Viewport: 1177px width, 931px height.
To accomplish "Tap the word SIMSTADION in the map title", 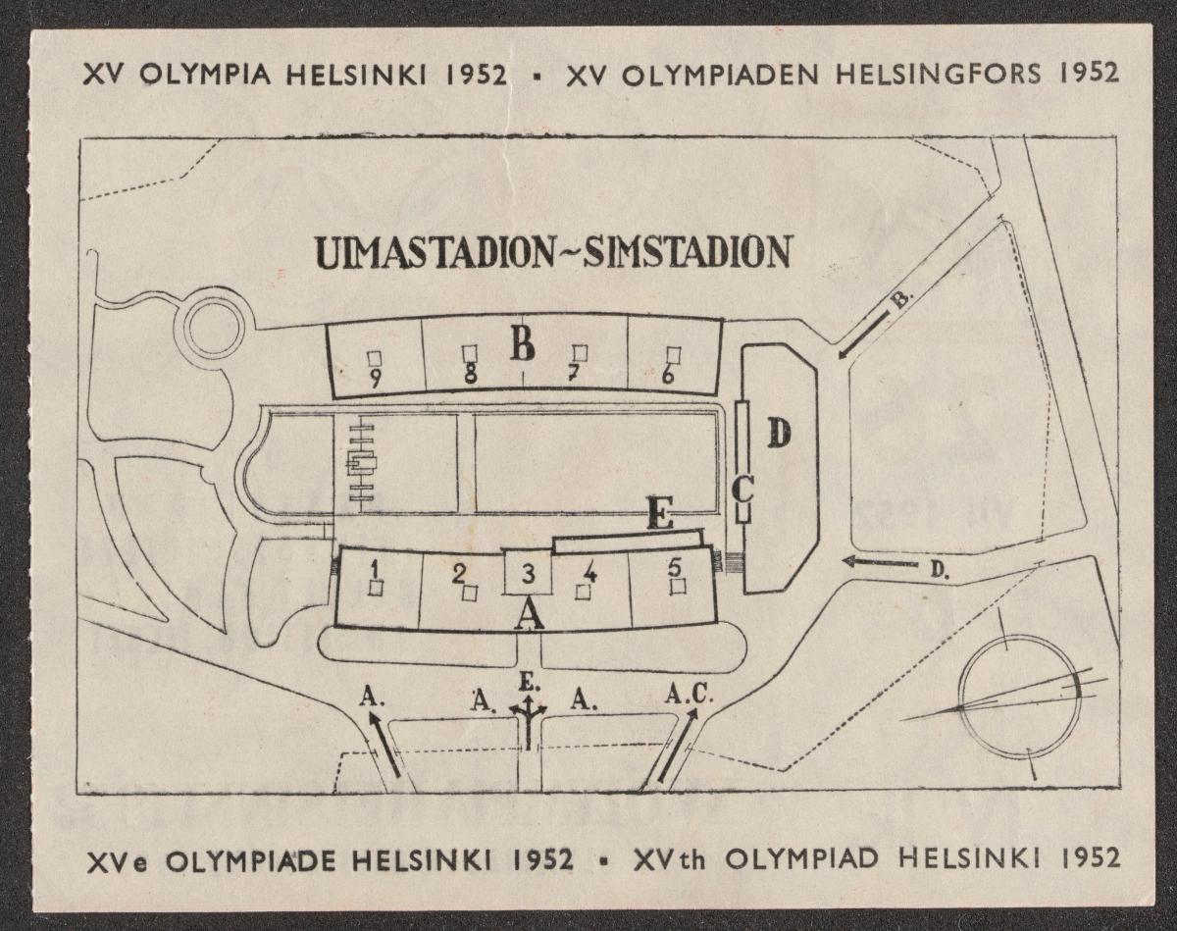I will pyautogui.click(x=687, y=251).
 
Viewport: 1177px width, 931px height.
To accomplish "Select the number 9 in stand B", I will pyautogui.click(x=375, y=377).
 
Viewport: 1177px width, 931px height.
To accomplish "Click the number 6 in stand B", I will pyautogui.click(x=669, y=375).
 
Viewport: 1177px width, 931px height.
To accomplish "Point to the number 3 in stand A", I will pyautogui.click(x=528, y=574).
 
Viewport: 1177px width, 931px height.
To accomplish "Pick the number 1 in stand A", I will pyautogui.click(x=374, y=567).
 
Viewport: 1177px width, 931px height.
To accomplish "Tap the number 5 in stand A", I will pyautogui.click(x=674, y=566).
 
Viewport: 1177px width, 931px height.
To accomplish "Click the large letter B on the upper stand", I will pyautogui.click(x=522, y=343).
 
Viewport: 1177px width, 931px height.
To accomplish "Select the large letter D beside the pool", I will pyautogui.click(x=778, y=433).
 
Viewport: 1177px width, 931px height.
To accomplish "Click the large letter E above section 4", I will pyautogui.click(x=660, y=514).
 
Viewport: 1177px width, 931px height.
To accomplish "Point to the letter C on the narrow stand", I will pyautogui.click(x=742, y=488).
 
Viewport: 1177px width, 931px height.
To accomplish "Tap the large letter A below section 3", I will pyautogui.click(x=529, y=615).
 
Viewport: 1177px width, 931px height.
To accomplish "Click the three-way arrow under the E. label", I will pyautogui.click(x=529, y=723).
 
